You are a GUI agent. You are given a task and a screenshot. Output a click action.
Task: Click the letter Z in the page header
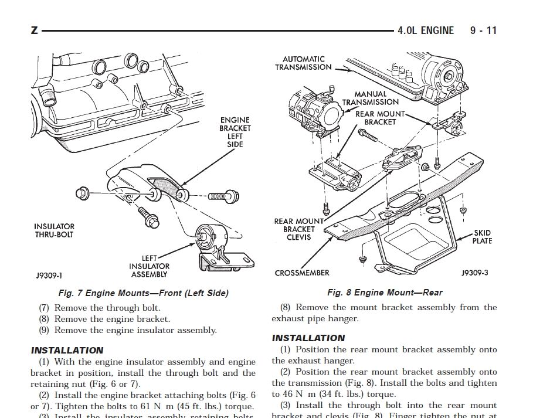click(34, 29)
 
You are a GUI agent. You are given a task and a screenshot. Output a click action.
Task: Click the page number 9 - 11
click(483, 30)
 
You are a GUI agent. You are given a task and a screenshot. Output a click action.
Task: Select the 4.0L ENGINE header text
click(425, 30)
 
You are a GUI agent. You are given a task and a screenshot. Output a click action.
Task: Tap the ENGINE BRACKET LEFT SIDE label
click(235, 132)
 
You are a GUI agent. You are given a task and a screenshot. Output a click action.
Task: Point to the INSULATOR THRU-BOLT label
click(54, 230)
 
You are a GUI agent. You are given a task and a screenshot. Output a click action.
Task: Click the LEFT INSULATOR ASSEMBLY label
click(149, 266)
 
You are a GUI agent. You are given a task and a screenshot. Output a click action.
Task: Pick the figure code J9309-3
click(474, 273)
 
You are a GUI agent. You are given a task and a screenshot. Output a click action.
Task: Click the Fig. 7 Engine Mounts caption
click(144, 293)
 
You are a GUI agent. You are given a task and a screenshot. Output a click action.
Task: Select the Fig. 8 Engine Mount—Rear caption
click(385, 292)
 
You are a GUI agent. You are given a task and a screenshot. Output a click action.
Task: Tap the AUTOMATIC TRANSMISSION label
click(304, 63)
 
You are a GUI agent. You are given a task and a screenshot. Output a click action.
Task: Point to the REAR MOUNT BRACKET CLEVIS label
click(299, 229)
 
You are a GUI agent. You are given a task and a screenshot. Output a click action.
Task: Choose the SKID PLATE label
click(482, 237)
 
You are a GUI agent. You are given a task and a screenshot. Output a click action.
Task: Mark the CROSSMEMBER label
click(302, 273)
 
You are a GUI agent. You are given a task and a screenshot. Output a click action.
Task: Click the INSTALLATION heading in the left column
click(67, 350)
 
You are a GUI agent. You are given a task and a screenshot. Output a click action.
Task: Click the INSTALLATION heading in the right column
click(308, 338)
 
